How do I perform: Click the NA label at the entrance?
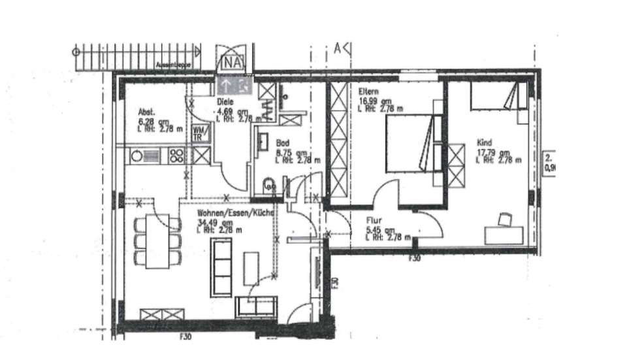[233, 63]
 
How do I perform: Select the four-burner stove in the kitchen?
[177, 155]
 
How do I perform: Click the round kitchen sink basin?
[137, 155]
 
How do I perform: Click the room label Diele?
[225, 103]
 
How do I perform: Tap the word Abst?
[145, 112]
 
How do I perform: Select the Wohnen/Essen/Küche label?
[235, 213]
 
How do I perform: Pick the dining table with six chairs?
[157, 240]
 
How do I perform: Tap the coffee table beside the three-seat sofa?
[251, 268]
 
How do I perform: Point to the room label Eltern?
[368, 92]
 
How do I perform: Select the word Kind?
[485, 142]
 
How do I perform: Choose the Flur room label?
[373, 221]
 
